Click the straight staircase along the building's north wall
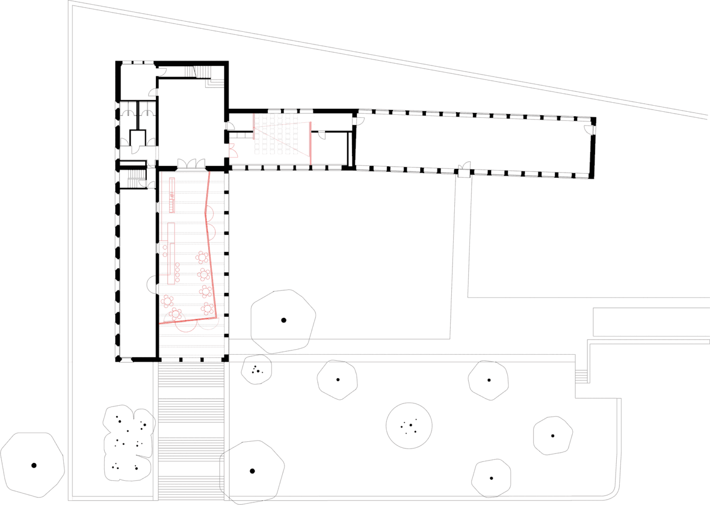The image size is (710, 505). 190,72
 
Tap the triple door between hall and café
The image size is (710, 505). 191,163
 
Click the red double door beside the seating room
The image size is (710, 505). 232,150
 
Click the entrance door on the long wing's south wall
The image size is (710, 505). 464,169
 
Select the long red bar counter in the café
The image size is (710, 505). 172,263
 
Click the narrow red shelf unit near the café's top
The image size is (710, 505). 172,195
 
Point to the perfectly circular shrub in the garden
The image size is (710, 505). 409,426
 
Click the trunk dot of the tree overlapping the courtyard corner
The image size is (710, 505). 284,320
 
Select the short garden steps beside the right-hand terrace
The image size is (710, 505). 581,376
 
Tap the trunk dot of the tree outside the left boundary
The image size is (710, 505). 34,466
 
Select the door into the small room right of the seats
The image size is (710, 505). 322,135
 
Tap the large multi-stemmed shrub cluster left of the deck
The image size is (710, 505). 128,443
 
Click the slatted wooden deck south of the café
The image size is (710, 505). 191,430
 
